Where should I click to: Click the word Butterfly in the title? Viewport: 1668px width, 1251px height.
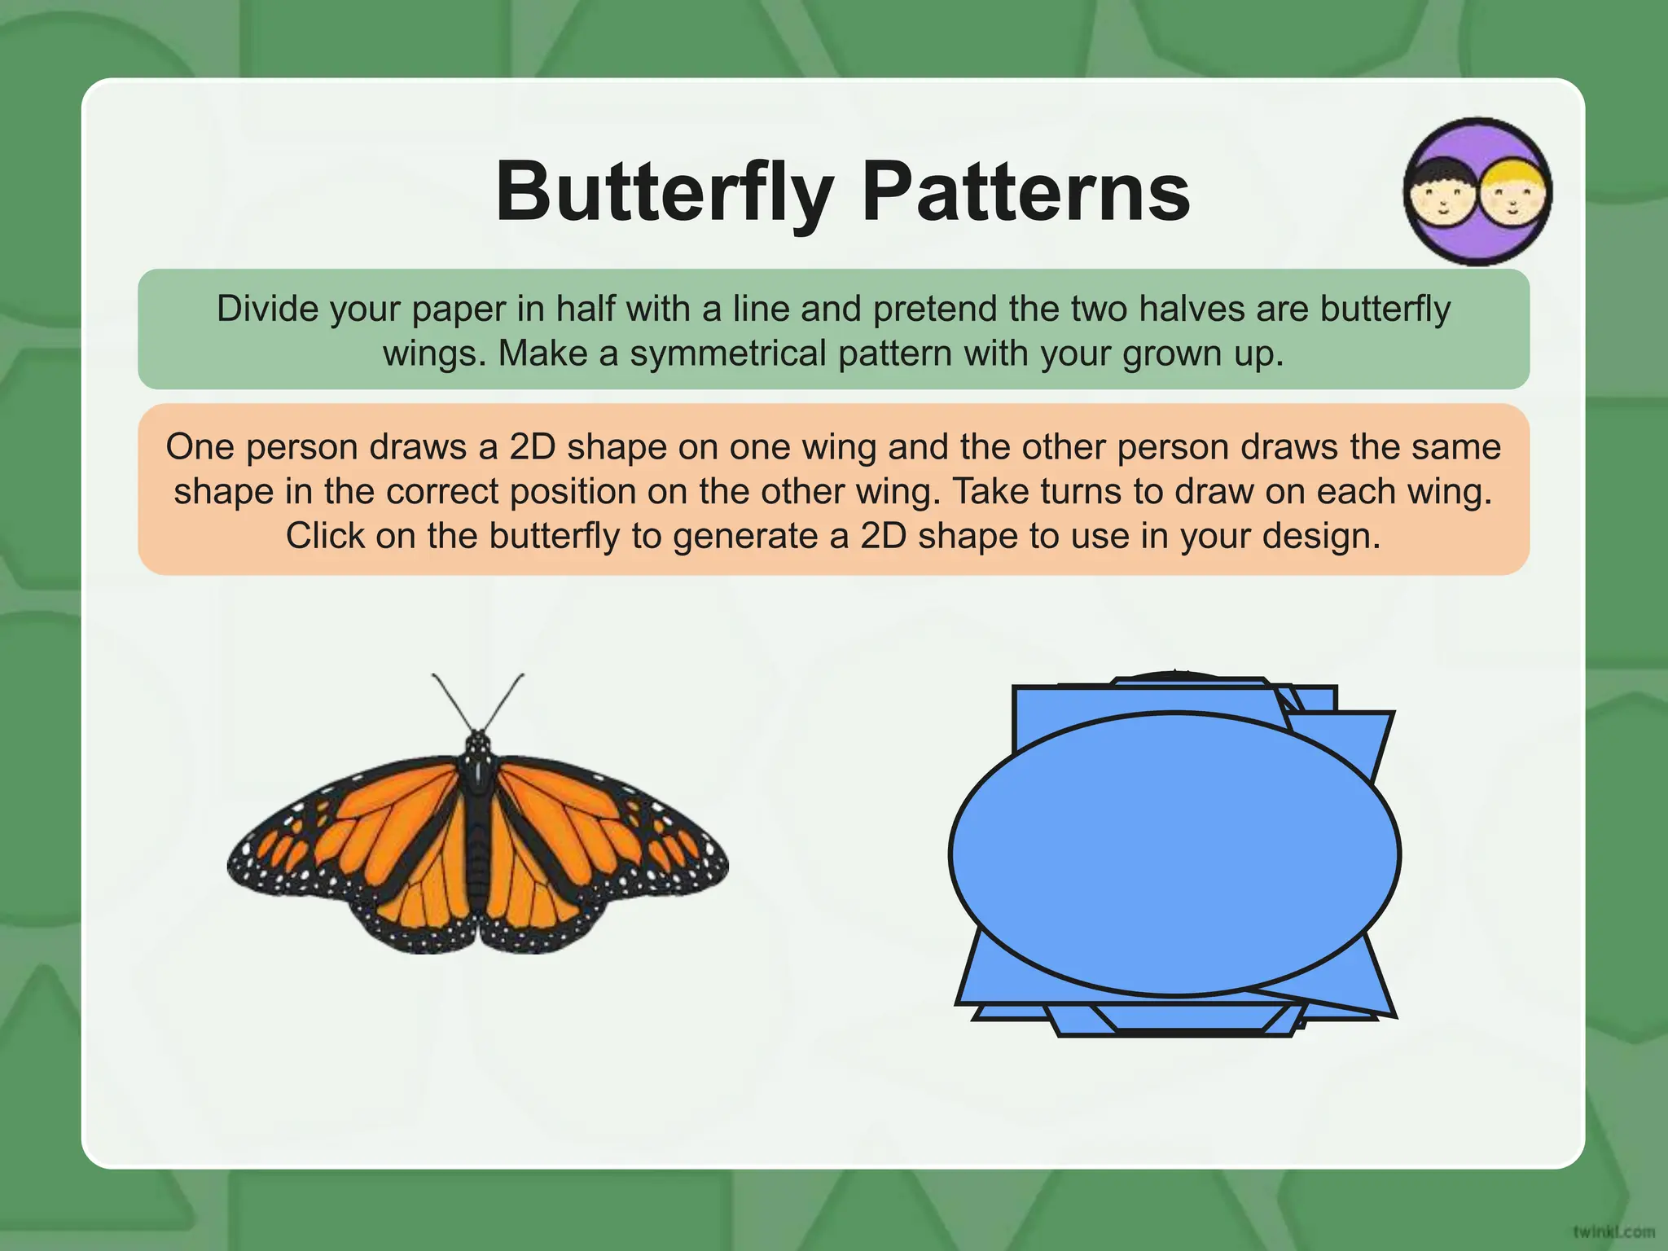665,192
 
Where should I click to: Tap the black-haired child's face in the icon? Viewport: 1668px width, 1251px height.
1442,197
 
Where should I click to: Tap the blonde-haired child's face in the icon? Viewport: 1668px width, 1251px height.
1513,197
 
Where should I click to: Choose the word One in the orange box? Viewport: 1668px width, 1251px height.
200,447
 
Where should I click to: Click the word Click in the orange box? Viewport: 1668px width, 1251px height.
323,536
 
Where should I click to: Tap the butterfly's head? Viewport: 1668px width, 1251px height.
478,744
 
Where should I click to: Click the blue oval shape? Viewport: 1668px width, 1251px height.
1174,854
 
